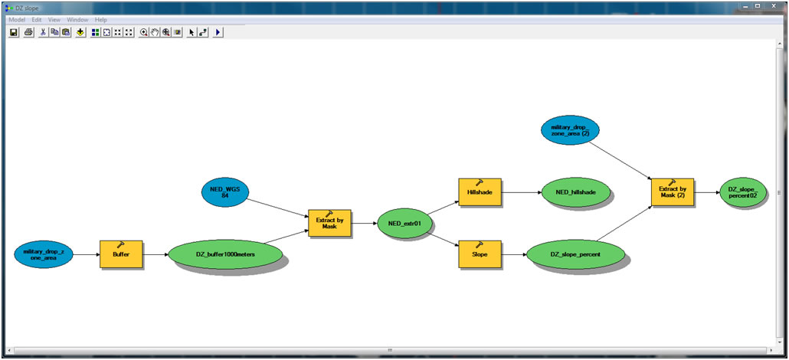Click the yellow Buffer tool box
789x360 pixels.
tap(121, 254)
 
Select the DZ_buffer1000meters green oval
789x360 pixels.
tap(224, 254)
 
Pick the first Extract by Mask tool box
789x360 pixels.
tap(329, 223)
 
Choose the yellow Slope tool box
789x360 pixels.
tap(480, 254)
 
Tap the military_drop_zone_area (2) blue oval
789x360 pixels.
tap(569, 129)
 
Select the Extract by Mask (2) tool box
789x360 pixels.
tap(672, 191)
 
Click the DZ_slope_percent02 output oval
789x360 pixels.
tap(742, 191)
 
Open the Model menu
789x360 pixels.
tap(17, 19)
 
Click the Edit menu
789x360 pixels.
tap(37, 19)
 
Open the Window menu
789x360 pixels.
tap(77, 19)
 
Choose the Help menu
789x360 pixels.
tap(101, 19)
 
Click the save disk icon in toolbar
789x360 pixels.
tap(14, 32)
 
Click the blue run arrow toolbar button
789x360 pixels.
tap(218, 32)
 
